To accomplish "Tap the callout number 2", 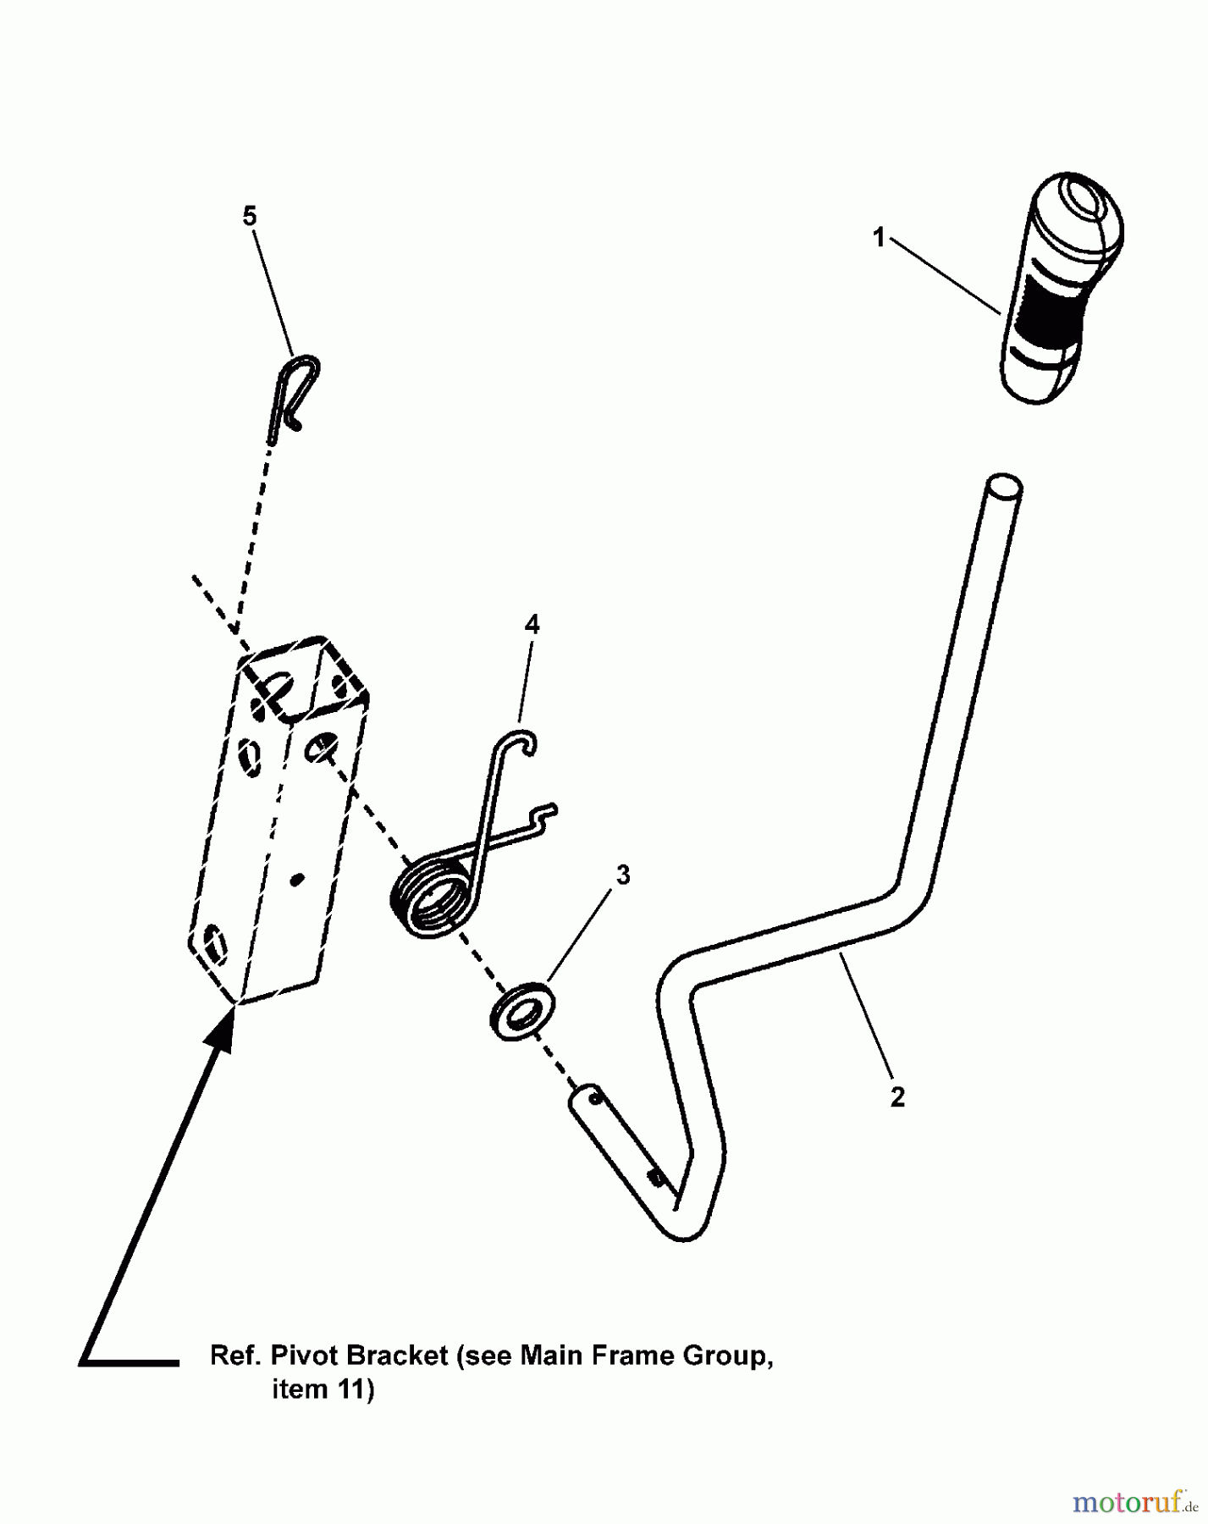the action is tap(897, 1097).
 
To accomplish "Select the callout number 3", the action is tap(623, 875).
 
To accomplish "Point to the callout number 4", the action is tap(532, 625).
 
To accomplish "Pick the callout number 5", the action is tap(249, 217).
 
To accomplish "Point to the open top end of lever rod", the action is tap(1004, 489).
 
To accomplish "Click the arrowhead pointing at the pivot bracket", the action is tap(223, 1025).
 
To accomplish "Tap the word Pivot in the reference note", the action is tap(304, 1356).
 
